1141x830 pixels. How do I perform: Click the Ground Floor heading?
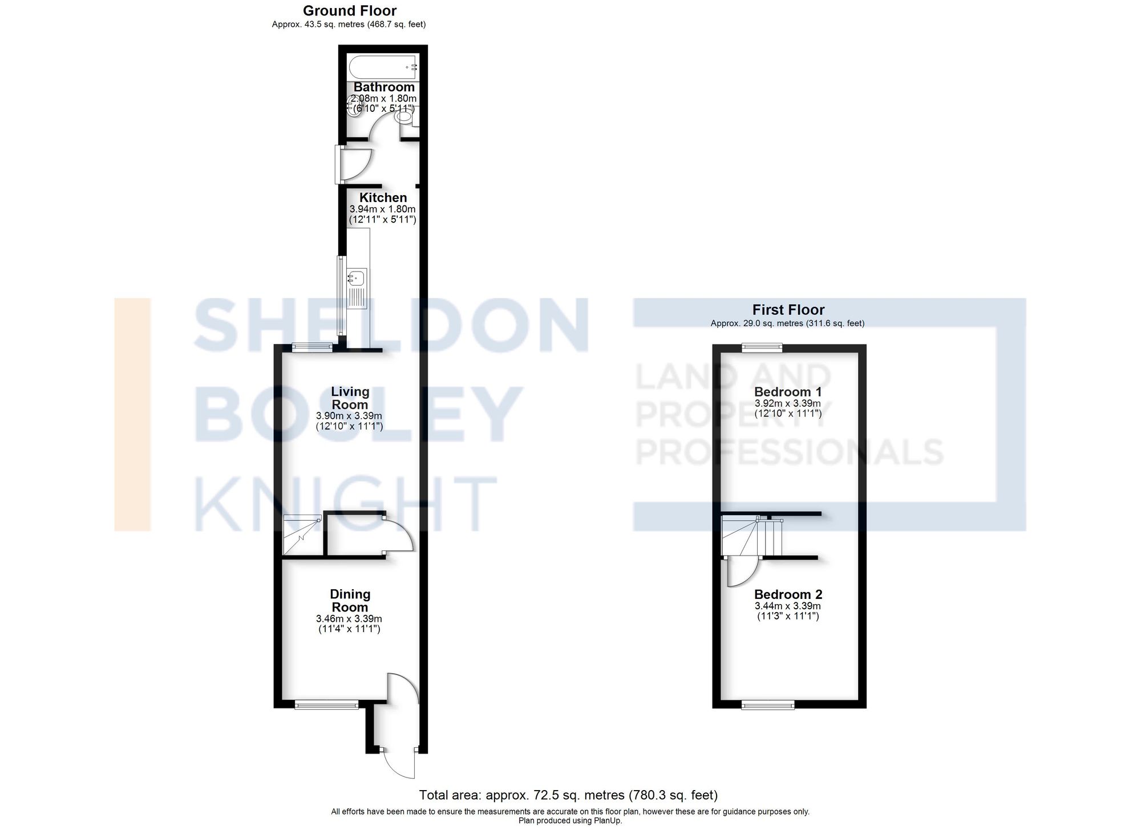[x=349, y=10]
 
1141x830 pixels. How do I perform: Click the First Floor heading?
[x=788, y=310]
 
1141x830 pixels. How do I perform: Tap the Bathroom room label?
[x=384, y=87]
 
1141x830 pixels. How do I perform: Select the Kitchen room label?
[x=383, y=197]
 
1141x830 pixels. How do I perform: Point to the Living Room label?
[x=350, y=398]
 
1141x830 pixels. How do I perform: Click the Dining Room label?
[x=350, y=601]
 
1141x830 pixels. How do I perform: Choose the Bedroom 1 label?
[x=788, y=392]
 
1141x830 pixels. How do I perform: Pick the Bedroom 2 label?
[x=788, y=594]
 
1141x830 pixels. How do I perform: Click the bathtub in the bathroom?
[x=383, y=67]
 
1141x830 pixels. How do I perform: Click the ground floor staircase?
[x=302, y=535]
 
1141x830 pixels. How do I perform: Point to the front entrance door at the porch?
[x=399, y=764]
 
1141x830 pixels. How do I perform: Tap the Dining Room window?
[x=327, y=706]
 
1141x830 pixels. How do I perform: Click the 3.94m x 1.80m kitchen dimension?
[x=382, y=209]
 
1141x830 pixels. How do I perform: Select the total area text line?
[x=568, y=795]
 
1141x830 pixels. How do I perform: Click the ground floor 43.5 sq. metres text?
[x=349, y=25]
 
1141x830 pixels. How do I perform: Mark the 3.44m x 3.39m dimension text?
[x=788, y=606]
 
